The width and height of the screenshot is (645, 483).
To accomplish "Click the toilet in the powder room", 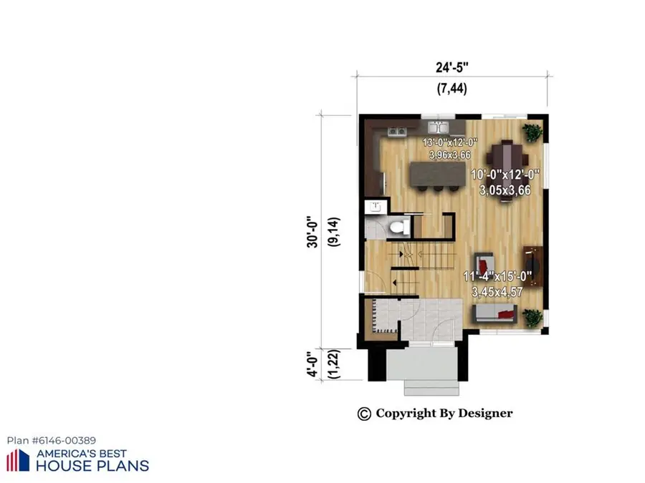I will coord(398,228).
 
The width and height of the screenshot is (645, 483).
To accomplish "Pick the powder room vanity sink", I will coord(375,208).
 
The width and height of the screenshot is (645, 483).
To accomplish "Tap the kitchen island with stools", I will coord(433,175).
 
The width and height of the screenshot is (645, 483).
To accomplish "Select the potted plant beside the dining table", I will coord(532,132).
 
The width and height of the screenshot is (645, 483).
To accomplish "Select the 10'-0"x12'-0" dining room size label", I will coord(505,182).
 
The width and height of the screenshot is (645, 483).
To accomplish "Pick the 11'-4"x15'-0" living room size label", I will coord(497,284).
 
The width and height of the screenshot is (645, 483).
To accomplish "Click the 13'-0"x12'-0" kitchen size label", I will coord(450,148).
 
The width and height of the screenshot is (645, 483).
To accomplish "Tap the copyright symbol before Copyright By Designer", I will coord(364,414).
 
